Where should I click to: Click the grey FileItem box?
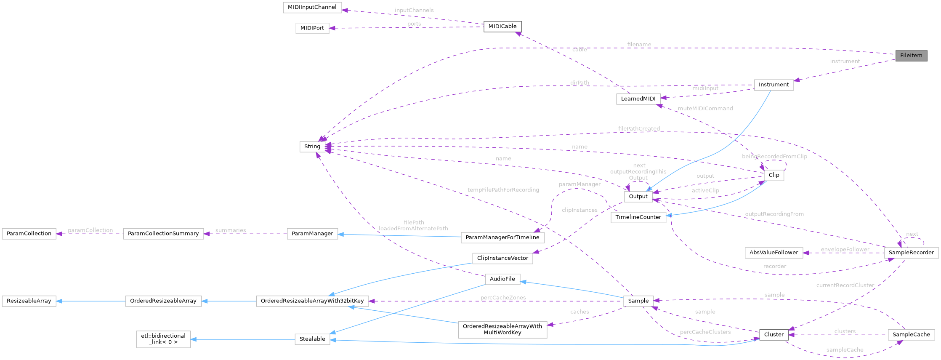[x=911, y=56]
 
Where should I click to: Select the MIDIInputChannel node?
[x=312, y=7]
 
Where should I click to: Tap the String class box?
[x=312, y=147]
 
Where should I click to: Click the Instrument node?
[x=774, y=85]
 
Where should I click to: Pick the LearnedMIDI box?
[x=638, y=99]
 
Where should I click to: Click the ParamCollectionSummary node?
[x=163, y=234]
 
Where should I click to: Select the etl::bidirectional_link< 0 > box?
[x=163, y=339]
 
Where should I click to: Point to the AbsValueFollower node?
[x=774, y=253]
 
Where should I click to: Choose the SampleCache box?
[x=911, y=335]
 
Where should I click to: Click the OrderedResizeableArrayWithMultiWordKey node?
[x=502, y=329]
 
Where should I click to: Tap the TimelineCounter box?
[x=638, y=217]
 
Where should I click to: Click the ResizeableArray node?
[x=29, y=301]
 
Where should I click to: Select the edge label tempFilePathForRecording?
[x=503, y=190]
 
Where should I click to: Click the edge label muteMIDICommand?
[x=705, y=109]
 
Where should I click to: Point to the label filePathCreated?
[x=638, y=128]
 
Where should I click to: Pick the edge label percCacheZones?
[x=503, y=298]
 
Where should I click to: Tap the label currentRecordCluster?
[x=845, y=285]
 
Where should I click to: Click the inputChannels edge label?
[x=414, y=10]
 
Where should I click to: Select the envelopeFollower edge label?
[x=845, y=249]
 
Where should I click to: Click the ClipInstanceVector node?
[x=502, y=258]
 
